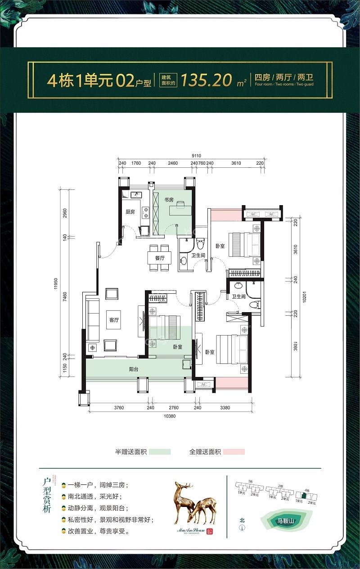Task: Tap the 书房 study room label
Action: [x=169, y=200]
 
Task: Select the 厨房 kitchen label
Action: [x=130, y=212]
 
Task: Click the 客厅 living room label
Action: [x=114, y=320]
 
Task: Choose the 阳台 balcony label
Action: [x=134, y=369]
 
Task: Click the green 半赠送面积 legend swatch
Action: [x=160, y=452]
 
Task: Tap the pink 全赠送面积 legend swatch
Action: [x=234, y=452]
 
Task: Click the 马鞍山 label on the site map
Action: [x=285, y=522]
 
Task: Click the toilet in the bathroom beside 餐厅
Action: [x=200, y=244]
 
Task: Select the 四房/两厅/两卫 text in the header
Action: [x=284, y=76]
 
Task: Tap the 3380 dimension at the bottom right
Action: [x=225, y=408]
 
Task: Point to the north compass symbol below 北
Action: [x=242, y=528]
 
